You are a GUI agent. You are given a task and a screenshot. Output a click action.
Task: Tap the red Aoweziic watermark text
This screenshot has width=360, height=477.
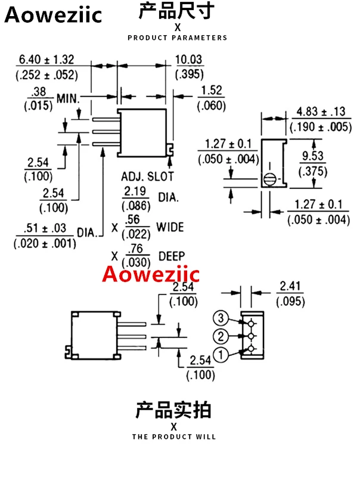[151, 274]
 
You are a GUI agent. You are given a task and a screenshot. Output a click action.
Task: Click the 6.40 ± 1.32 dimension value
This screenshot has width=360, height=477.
[46, 60]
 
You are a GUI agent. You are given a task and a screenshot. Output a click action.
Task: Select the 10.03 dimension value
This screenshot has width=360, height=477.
[189, 60]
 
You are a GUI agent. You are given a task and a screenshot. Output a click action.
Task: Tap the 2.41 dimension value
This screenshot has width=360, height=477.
[291, 287]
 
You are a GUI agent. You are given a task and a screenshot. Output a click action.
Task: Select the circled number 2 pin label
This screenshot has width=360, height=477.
[221, 336]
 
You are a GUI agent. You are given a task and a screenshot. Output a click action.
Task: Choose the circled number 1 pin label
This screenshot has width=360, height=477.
[221, 355]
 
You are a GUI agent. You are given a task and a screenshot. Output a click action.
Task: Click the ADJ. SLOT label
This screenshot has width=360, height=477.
[147, 177]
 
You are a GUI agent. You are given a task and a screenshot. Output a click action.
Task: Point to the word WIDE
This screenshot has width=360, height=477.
[170, 227]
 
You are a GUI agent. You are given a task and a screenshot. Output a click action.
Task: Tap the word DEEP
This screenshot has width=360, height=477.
[170, 256]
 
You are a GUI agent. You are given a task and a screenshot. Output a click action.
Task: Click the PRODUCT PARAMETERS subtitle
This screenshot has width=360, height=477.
[177, 38]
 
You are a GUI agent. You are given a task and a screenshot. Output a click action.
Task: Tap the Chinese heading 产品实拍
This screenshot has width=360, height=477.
[173, 410]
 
